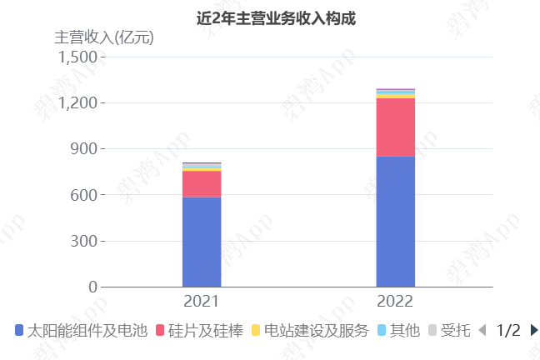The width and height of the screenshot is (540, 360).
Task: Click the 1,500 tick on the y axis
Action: click(x=77, y=57)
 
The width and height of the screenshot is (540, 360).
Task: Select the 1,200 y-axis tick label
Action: click(x=77, y=102)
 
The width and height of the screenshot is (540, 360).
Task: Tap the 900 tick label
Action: click(x=84, y=149)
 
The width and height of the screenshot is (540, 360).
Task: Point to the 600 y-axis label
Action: click(x=84, y=195)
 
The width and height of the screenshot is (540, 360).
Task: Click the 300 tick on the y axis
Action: click(x=84, y=241)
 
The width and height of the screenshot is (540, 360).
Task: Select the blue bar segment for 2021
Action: click(x=202, y=242)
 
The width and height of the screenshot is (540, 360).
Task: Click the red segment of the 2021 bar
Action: click(x=202, y=183)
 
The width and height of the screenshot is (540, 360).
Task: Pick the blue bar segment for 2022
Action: click(x=395, y=221)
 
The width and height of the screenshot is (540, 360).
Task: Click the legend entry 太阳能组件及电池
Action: click(x=80, y=331)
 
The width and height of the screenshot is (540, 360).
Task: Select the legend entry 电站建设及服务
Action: click(x=309, y=331)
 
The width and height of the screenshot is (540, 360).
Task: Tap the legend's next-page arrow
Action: click(x=534, y=331)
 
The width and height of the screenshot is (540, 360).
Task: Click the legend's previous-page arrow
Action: click(x=482, y=331)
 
